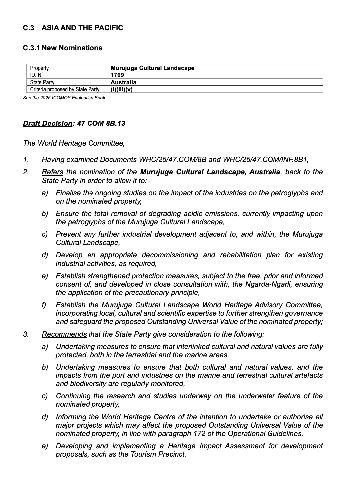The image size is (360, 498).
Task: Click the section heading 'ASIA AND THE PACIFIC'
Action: tap(82, 28)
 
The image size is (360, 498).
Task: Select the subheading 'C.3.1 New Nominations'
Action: tap(63, 48)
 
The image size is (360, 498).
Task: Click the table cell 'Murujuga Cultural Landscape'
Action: tap(152, 68)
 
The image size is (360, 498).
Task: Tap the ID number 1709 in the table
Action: tap(117, 75)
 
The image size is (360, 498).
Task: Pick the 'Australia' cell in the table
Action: tap(123, 82)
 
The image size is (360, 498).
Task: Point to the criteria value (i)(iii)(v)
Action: tap(121, 89)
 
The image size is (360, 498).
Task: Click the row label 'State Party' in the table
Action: tap(42, 82)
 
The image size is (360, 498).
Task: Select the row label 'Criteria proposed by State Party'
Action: tap(65, 89)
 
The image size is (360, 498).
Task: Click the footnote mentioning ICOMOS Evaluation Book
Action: tap(65, 98)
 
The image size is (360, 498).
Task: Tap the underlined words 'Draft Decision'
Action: tap(48, 124)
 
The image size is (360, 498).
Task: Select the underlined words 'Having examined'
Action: tap(70, 160)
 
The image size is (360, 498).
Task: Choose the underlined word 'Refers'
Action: tap(52, 172)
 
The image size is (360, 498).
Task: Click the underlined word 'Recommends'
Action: tap(64, 334)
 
